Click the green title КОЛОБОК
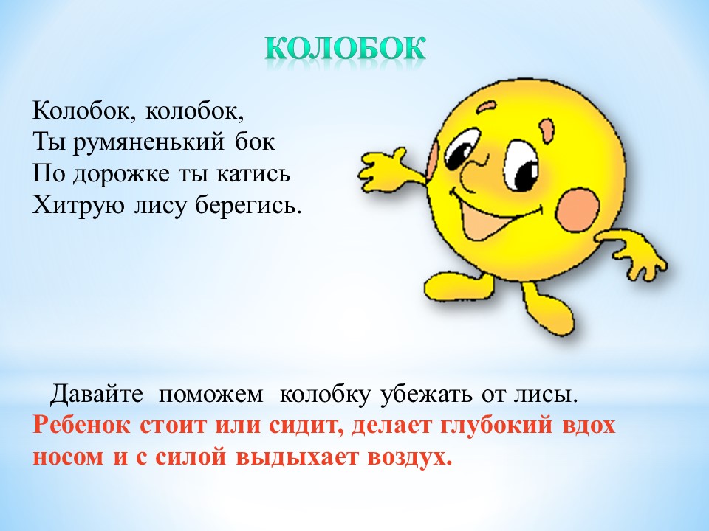tap(345, 48)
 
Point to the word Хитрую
tap(78, 206)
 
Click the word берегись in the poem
tap(248, 206)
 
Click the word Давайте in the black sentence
tap(96, 394)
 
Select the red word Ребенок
tap(81, 426)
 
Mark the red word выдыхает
tap(297, 458)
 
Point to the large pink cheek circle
tap(578, 209)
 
